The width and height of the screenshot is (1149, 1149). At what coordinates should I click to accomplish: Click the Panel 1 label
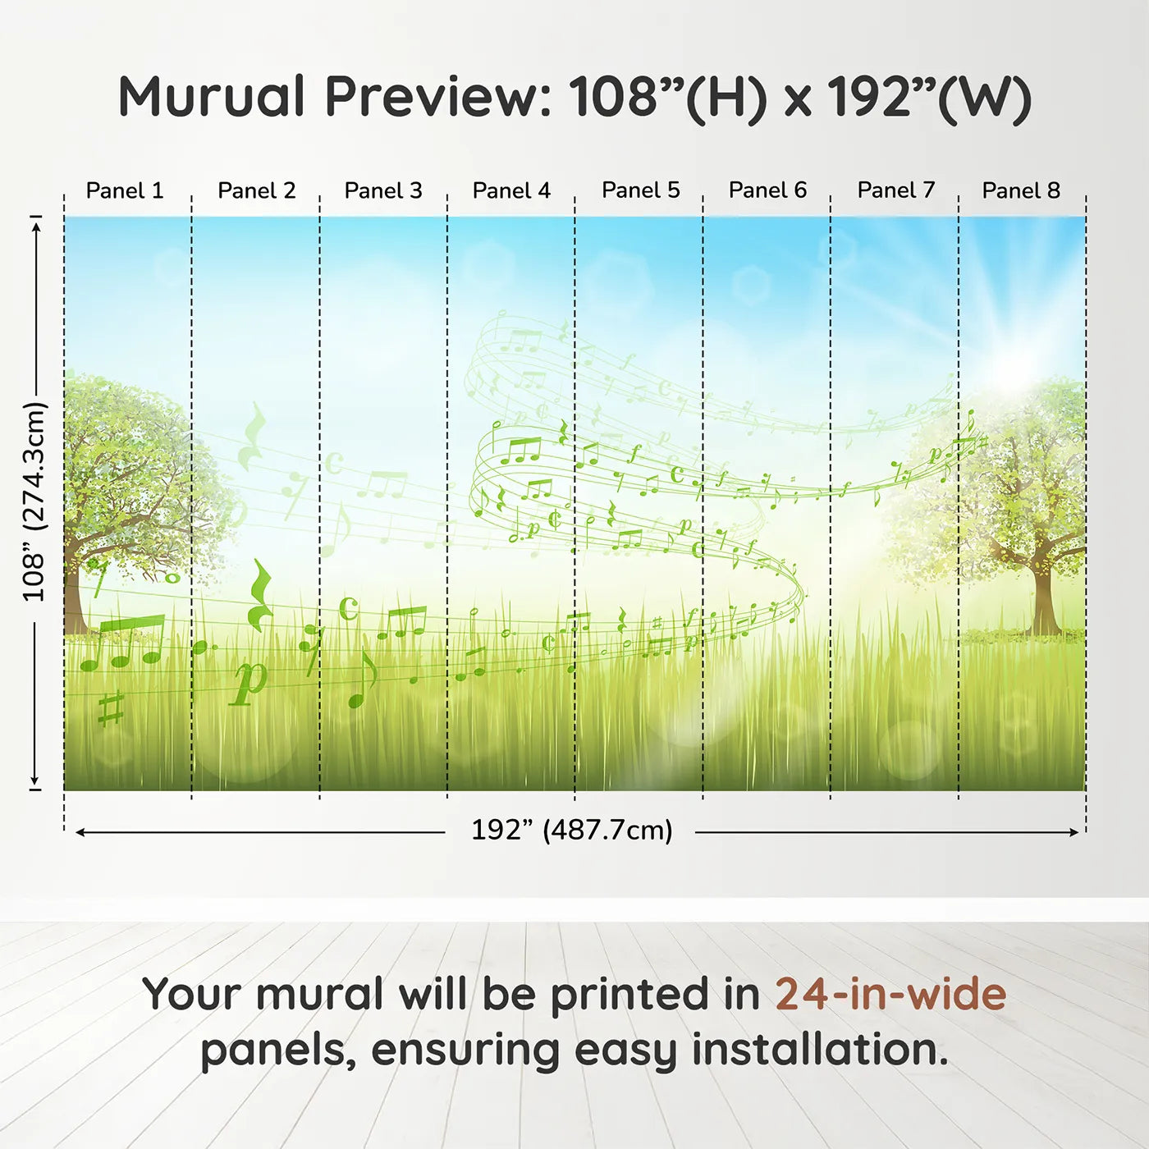(125, 190)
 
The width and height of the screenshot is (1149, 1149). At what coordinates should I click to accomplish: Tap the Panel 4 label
(511, 190)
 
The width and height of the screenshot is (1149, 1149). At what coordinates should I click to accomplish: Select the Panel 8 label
(1021, 190)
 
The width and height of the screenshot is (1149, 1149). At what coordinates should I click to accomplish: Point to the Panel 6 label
(767, 190)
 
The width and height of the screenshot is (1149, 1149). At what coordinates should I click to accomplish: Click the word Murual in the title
(212, 97)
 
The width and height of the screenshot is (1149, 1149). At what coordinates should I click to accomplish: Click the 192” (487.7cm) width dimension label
(571, 830)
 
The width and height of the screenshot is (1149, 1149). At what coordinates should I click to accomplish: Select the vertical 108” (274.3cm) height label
(34, 501)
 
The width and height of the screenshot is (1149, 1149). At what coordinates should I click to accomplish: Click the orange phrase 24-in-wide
(890, 994)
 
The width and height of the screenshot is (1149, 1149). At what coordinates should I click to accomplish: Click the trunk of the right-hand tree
(1044, 603)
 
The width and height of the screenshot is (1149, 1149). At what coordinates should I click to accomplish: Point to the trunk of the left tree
(72, 603)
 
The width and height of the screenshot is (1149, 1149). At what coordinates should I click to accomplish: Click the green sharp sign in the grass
(111, 707)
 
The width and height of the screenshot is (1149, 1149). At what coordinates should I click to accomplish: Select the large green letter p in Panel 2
(249, 681)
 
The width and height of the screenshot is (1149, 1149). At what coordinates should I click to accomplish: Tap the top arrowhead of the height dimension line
(35, 226)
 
